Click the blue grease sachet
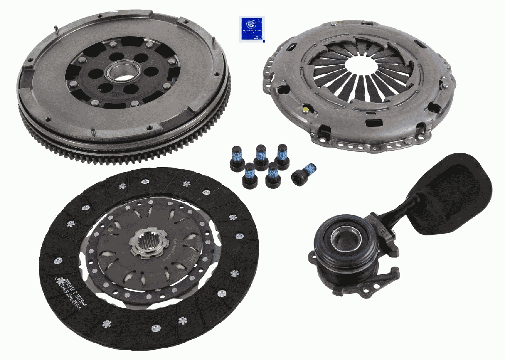tap(251, 29)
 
